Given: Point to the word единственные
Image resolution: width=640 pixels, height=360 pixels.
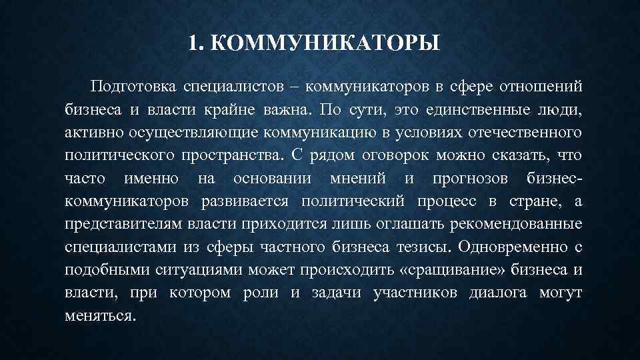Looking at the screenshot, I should (x=471, y=109).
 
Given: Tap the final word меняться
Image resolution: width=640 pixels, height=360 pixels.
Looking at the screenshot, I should (x=100, y=315).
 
